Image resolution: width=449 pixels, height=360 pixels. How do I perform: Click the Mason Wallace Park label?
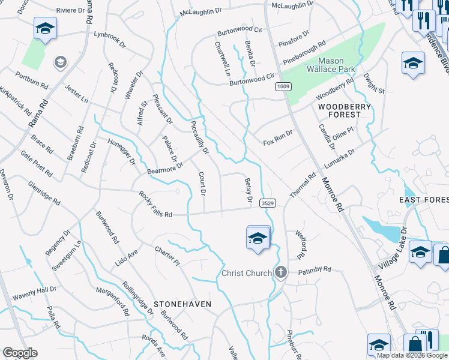point(330,65)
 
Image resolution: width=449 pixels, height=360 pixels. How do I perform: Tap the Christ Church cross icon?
point(280,272)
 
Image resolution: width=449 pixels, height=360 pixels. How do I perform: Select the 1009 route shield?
point(284,88)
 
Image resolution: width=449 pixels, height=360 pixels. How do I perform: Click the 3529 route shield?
point(268,204)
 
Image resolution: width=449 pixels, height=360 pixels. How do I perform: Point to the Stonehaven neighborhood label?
point(182,304)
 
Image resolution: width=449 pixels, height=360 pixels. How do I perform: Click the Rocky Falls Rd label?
point(155,205)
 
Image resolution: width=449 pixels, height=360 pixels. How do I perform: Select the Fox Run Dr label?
point(278,137)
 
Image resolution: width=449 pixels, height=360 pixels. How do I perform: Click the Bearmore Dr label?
point(164,170)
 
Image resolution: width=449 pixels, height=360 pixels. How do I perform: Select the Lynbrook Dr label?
point(110,39)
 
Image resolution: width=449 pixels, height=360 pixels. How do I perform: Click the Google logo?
point(20,353)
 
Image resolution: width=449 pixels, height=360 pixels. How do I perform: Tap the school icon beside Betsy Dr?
point(258,238)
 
